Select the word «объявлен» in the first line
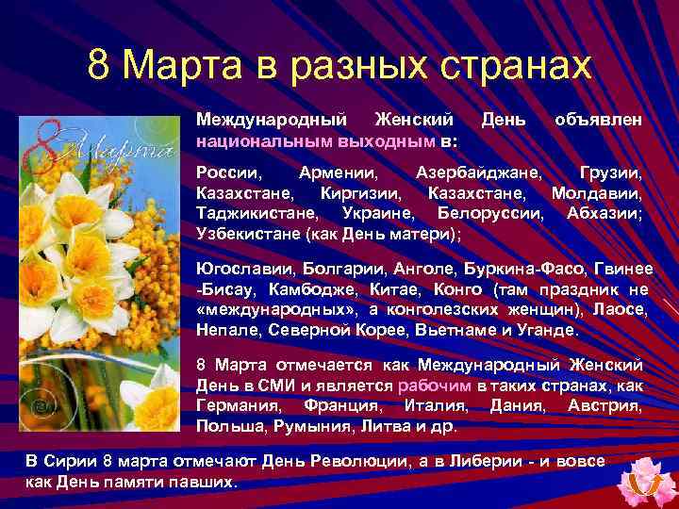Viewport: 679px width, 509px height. point(599,121)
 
